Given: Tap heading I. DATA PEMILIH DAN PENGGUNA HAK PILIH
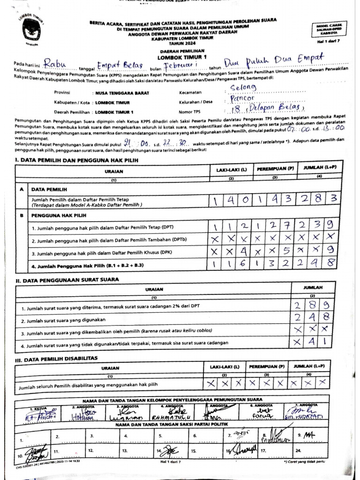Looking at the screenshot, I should pyautogui.click(x=77, y=161).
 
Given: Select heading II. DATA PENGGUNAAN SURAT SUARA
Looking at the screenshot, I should pyautogui.click(x=67, y=279).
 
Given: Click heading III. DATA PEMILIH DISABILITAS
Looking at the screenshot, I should pyautogui.click(x=56, y=358).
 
